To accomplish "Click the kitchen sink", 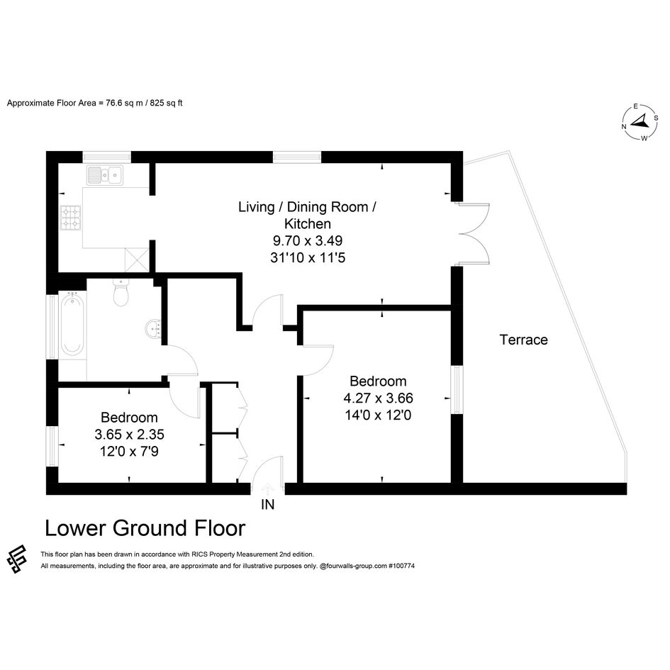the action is [x=105, y=175].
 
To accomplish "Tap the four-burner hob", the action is [x=70, y=218].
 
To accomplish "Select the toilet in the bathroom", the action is [x=121, y=292].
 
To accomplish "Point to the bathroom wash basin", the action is [x=153, y=328].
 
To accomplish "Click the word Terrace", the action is [x=523, y=340].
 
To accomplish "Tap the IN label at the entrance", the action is [x=267, y=505].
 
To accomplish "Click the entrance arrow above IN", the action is [x=267, y=488].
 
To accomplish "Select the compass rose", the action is [x=640, y=122].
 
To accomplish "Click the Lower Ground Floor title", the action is [x=145, y=528].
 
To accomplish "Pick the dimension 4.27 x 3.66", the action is [x=378, y=398].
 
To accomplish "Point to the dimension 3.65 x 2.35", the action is [x=130, y=435].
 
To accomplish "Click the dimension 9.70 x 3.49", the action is [x=308, y=240].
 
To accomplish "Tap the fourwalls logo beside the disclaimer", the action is [x=17, y=559].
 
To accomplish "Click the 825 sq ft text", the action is [x=166, y=103].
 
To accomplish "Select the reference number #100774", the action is [x=402, y=566].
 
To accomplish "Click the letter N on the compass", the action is [x=624, y=126].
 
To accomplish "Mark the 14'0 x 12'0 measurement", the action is [x=378, y=415].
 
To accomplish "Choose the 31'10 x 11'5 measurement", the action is [x=308, y=257].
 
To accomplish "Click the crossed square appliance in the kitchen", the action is [x=136, y=259].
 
